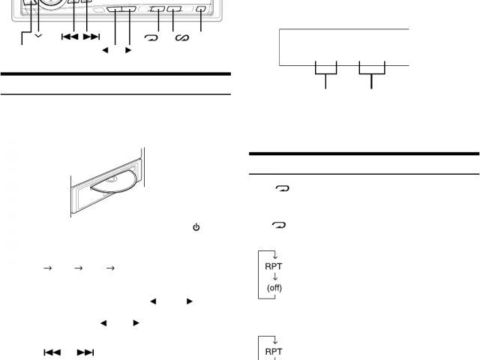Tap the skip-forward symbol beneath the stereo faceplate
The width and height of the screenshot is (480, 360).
coord(91,36)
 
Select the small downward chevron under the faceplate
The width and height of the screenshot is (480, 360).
coord(38,36)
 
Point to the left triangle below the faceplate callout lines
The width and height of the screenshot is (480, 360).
coord(105,51)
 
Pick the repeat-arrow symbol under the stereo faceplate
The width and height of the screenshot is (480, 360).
coord(150,37)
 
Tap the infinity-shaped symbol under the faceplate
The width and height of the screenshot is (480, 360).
coord(181,37)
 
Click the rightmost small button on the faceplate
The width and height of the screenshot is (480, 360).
coord(200,10)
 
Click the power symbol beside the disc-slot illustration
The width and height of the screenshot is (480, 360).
coord(196,226)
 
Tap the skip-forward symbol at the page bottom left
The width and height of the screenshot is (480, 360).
coord(86,351)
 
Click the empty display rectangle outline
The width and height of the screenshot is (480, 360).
coord(343,47)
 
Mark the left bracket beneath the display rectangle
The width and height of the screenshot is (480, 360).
coord(325,69)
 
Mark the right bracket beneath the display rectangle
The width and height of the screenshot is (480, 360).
coord(371,69)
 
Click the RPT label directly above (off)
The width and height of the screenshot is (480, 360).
coord(275,265)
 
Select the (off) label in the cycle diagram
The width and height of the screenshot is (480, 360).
coord(275,288)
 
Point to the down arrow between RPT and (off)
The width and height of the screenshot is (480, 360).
coord(275,277)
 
